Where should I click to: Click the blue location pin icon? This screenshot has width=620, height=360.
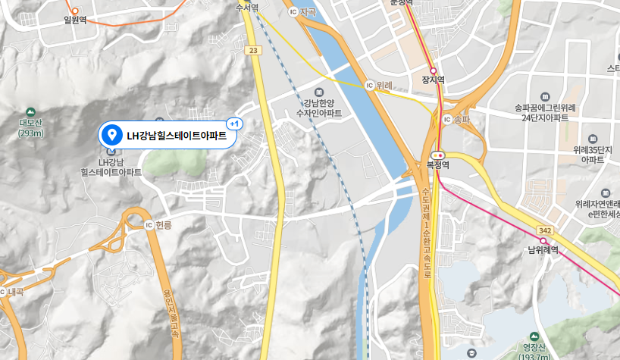pyautogui.click(x=112, y=136)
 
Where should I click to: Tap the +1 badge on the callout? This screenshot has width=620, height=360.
pyautogui.click(x=234, y=124)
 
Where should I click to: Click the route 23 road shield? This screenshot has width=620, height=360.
pyautogui.click(x=253, y=51)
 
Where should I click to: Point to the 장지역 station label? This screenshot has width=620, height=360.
pyautogui.click(x=432, y=80)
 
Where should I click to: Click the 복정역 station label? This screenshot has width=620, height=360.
pyautogui.click(x=438, y=164)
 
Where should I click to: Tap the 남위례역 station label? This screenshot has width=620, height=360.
pyautogui.click(x=543, y=249)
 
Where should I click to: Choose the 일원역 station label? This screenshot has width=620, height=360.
pyautogui.click(x=75, y=20)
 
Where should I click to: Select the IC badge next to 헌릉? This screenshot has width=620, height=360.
pyautogui.click(x=148, y=225)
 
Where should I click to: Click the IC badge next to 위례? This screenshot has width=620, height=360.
pyautogui.click(x=369, y=86)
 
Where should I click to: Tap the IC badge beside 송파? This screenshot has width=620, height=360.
pyautogui.click(x=446, y=120)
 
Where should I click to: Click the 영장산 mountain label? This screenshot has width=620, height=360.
pyautogui.click(x=535, y=347)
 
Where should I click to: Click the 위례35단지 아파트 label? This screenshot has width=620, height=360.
pyautogui.click(x=592, y=155)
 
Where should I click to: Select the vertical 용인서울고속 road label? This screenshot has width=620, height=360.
pyautogui.click(x=171, y=311)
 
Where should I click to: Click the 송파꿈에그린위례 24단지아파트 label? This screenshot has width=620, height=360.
pyautogui.click(x=545, y=113)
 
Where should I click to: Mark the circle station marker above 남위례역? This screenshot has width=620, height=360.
pyautogui.click(x=543, y=240)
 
